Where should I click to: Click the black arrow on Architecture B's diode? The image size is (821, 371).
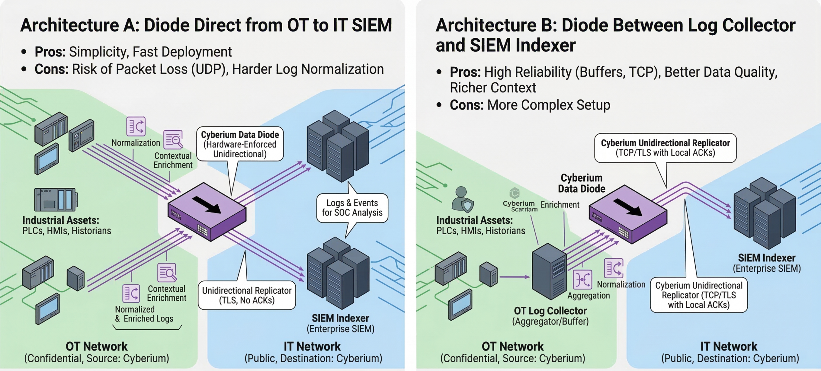tap(628, 207)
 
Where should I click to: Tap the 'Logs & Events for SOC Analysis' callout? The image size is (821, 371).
tap(352, 208)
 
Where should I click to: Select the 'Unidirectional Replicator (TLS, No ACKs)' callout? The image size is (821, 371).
tap(247, 295)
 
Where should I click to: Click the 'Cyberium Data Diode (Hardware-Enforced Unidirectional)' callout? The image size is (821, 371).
tap(240, 144)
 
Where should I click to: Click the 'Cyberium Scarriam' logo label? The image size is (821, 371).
tap(520, 206)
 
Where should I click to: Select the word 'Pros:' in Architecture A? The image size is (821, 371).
tap(50, 52)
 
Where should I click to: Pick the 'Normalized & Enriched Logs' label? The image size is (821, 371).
tap(144, 314)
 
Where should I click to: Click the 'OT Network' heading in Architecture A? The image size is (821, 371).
tap(97, 347)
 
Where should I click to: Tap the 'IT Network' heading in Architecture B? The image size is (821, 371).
tap(729, 347)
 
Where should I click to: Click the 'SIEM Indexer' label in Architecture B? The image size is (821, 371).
tap(766, 258)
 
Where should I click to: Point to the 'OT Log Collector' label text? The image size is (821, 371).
tap(550, 311)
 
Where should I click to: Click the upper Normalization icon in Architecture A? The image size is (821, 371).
tap(136, 126)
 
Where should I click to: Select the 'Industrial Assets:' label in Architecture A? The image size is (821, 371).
tap(61, 220)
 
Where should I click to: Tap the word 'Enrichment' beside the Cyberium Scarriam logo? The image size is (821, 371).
tap(560, 205)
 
